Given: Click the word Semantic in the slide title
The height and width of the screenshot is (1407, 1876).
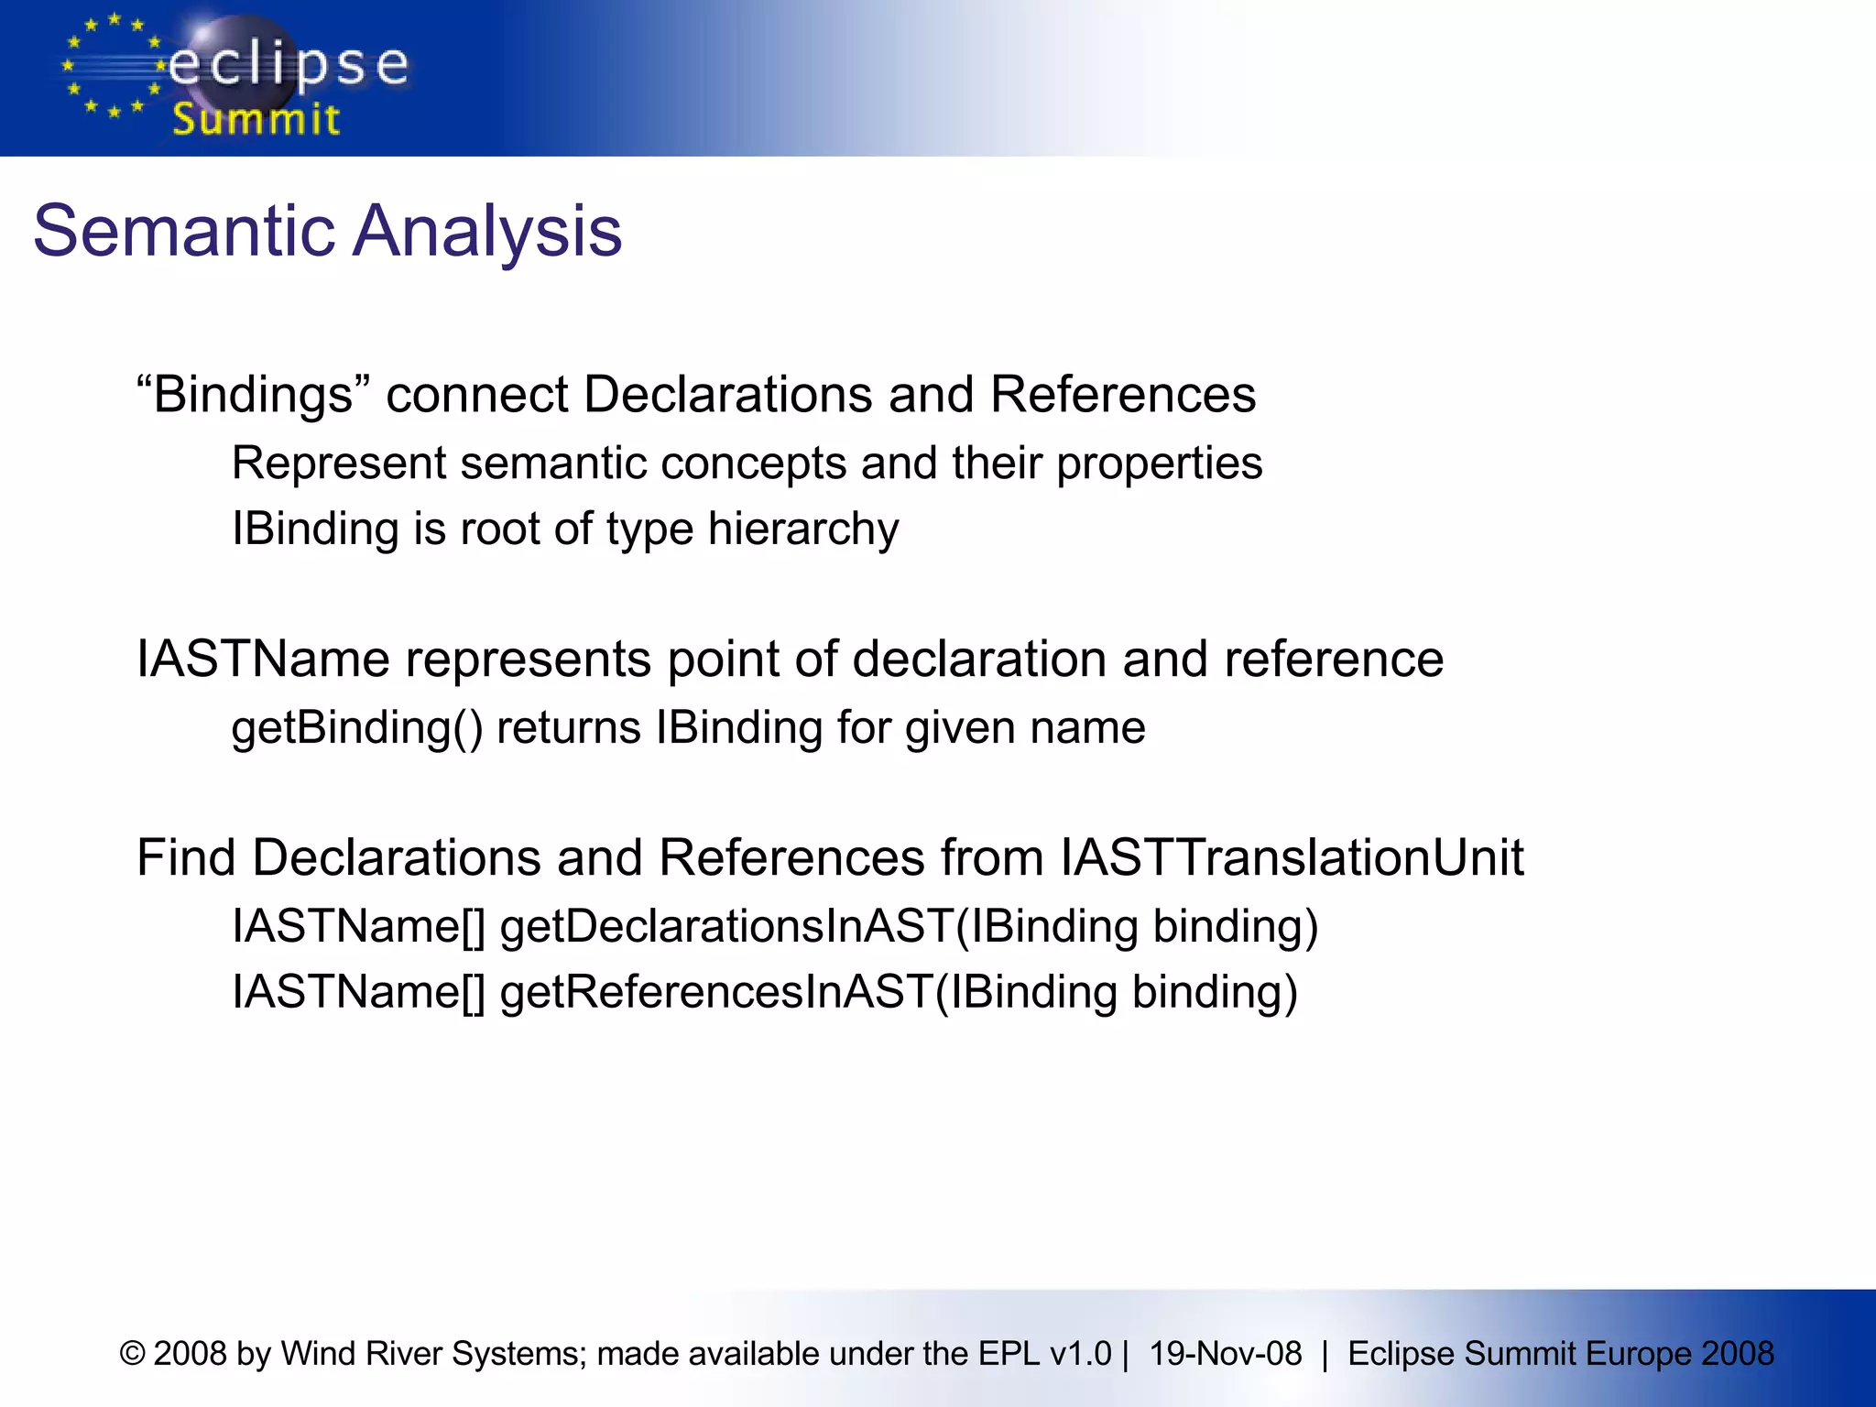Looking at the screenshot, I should pos(184,231).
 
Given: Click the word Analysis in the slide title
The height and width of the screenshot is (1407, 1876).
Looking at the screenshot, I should pos(487,231).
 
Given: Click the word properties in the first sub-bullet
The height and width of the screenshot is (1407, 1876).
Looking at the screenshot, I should pos(1159,464).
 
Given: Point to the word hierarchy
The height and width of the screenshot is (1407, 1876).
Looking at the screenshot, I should pos(803,529).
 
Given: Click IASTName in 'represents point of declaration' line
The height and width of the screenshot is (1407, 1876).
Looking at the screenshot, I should pos(263,660).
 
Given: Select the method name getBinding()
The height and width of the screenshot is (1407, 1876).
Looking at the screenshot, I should pos(356,728).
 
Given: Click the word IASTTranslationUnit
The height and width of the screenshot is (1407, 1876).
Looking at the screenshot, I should pos(1292,858).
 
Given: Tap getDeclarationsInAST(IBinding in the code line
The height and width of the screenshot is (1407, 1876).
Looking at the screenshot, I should pos(818,926).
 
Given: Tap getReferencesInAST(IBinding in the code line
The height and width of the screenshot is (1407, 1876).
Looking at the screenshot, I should pos(808,993).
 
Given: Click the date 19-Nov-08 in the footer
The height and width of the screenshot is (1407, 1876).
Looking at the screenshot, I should pos(1225,1353).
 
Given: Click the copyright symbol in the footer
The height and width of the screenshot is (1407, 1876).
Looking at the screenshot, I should pos(133,1353).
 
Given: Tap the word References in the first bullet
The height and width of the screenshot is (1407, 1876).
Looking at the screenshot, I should pos(1122,395).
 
